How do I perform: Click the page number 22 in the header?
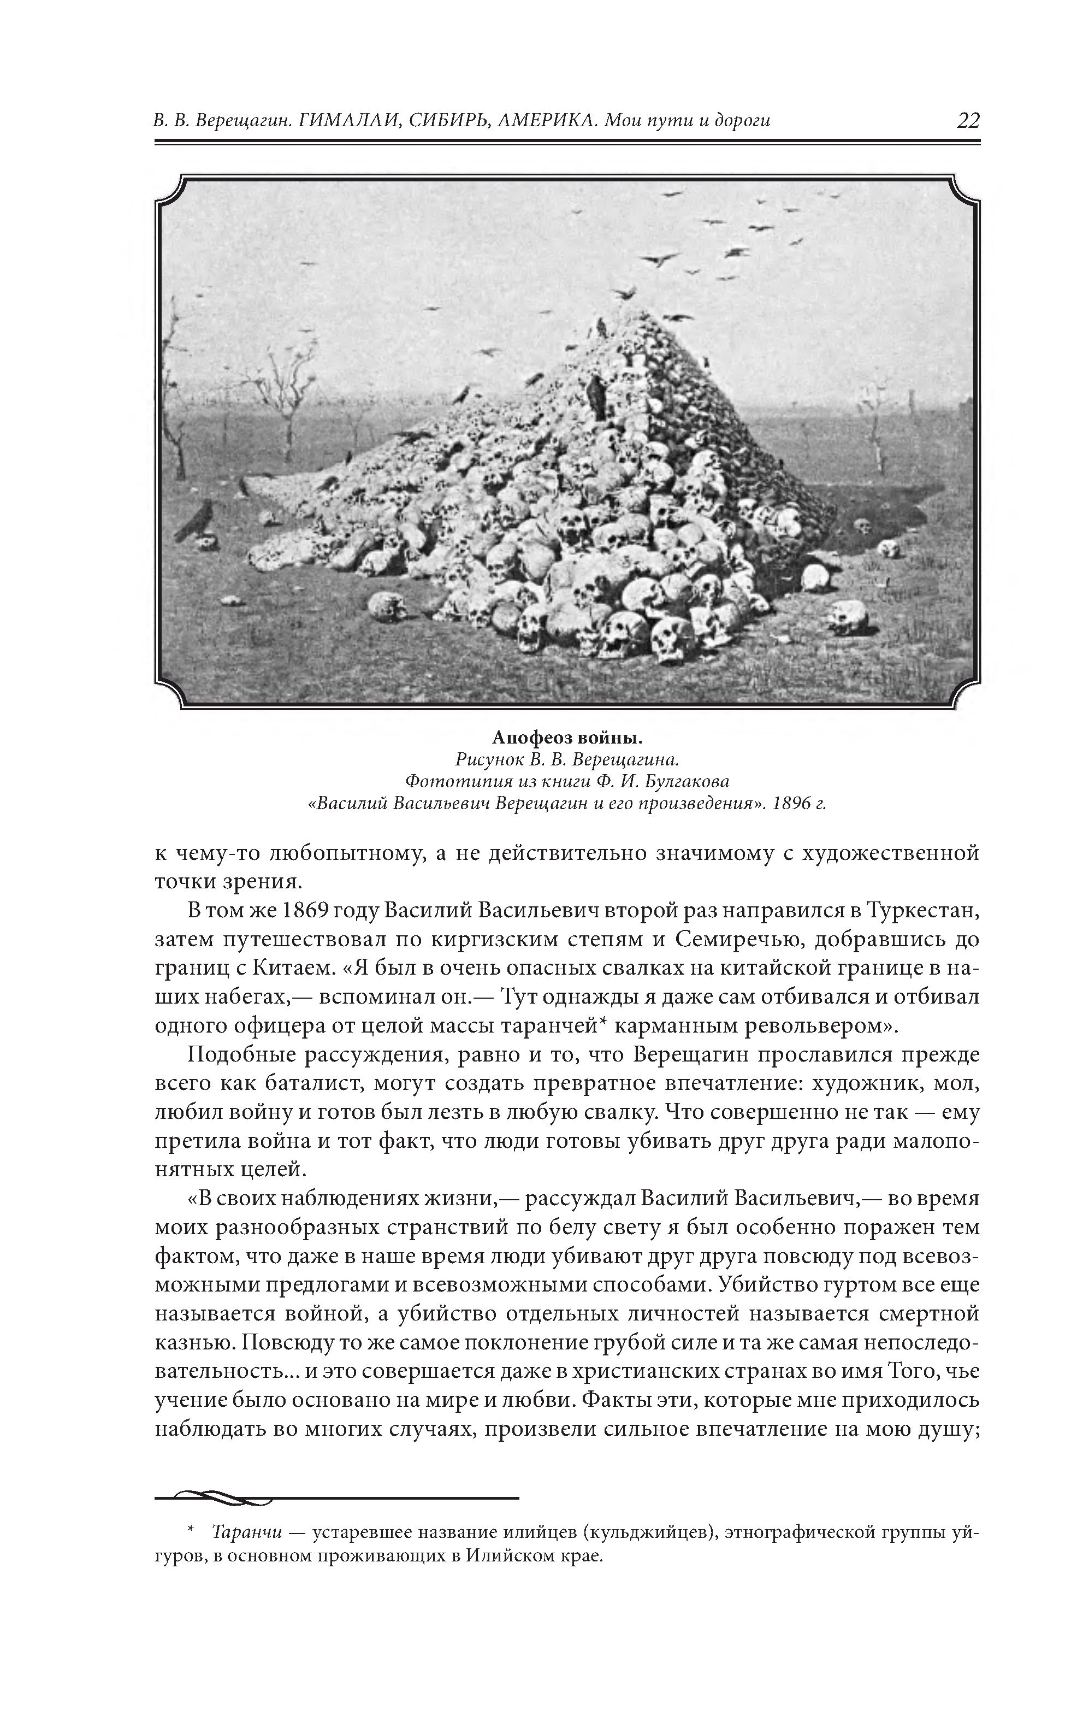coord(968,120)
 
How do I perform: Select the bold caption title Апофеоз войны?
coord(567,738)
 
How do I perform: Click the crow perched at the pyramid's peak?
coord(601,327)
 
